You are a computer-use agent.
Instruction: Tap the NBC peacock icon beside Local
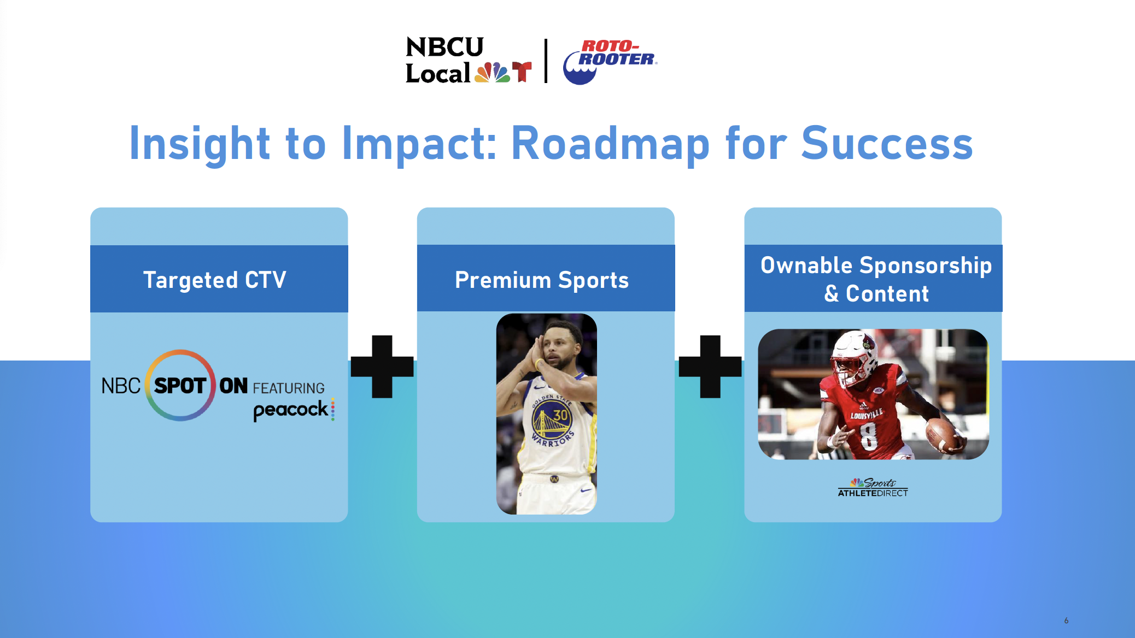point(493,72)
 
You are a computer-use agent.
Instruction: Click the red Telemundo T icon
point(522,72)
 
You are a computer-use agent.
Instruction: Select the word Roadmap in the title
point(610,144)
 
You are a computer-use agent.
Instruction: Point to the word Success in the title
point(887,143)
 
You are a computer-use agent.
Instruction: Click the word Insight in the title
point(200,144)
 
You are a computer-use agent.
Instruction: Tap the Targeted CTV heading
point(214,280)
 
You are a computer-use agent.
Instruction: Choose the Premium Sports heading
point(542,280)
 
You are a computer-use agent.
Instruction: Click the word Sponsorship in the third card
point(926,266)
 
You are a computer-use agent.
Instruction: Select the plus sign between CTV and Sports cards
point(382,367)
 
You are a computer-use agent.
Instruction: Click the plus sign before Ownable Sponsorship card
point(710,367)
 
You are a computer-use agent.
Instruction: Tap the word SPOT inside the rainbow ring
point(180,386)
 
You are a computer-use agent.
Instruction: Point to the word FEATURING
point(289,388)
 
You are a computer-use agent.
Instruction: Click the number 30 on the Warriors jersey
point(560,415)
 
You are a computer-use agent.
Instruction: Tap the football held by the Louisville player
point(944,435)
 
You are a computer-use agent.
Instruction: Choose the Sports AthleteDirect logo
point(873,487)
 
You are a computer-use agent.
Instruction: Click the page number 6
point(1066,621)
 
